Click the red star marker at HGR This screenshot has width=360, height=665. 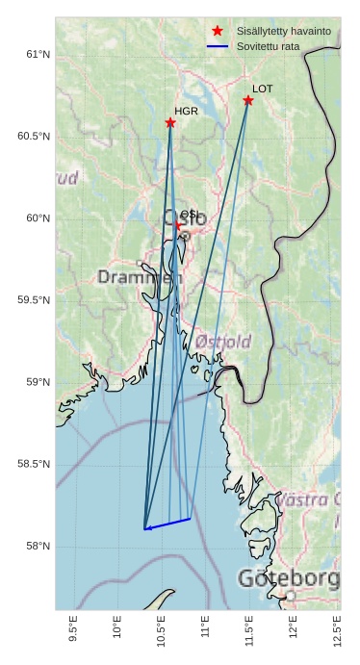coord(170,122)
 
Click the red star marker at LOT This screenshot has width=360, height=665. coord(248,100)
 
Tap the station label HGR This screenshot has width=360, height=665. coord(186,112)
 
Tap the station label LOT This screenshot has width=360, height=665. coord(263,89)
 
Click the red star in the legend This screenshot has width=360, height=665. coord(218,31)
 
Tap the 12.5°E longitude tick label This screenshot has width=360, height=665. coord(337,631)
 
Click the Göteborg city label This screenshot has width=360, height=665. coord(288,579)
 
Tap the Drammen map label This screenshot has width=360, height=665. coord(139,278)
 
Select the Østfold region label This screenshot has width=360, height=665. coord(222,342)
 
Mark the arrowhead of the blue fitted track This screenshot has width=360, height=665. coord(147,528)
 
